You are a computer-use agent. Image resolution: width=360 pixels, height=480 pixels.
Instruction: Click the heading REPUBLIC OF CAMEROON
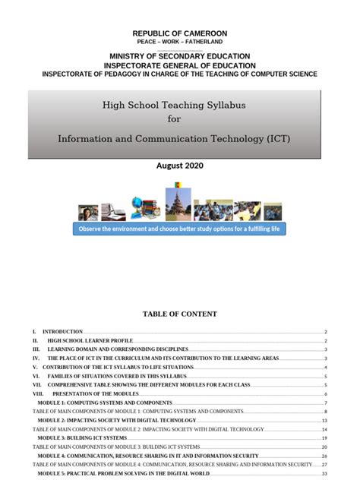[x=180, y=33]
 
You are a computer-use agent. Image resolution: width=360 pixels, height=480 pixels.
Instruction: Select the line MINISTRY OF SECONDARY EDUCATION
[x=180, y=57]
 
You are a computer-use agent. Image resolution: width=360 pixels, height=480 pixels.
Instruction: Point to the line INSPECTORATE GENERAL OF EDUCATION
[x=180, y=65]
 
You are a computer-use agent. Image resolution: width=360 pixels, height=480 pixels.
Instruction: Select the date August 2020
[x=180, y=165]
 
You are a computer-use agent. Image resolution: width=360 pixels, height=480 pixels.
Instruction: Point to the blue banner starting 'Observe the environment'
[x=180, y=229]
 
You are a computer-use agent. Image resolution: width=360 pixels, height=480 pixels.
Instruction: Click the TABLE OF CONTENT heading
[x=180, y=314]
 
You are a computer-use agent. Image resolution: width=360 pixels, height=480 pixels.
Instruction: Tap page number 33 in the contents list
[x=324, y=473]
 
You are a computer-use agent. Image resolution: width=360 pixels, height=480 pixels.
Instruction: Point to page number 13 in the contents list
[x=324, y=420]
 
